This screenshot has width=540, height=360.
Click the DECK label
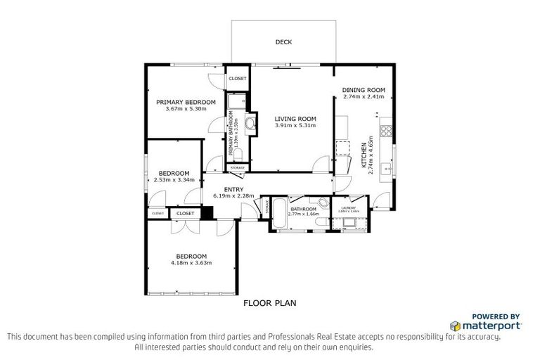[x=284, y=42]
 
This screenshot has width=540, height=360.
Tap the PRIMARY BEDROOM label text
[x=186, y=102]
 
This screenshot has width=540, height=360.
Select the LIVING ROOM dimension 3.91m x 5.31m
[x=295, y=126]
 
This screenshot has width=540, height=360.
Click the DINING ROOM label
[x=364, y=90]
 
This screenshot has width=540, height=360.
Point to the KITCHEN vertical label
[x=364, y=153]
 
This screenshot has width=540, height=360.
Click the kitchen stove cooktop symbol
[x=385, y=130]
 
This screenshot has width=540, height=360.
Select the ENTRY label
[x=233, y=189]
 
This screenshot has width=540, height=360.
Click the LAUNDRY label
[x=349, y=208]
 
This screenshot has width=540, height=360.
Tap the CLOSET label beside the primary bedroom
[x=238, y=79]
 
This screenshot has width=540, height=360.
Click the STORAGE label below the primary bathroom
[x=238, y=167]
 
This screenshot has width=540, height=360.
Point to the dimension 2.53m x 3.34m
[x=174, y=180]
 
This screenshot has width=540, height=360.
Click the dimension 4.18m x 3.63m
[x=191, y=263]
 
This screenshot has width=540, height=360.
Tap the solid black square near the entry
[x=207, y=212]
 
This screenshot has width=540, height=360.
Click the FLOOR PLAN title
[x=270, y=304]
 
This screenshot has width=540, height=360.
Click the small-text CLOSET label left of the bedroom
[x=157, y=213]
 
